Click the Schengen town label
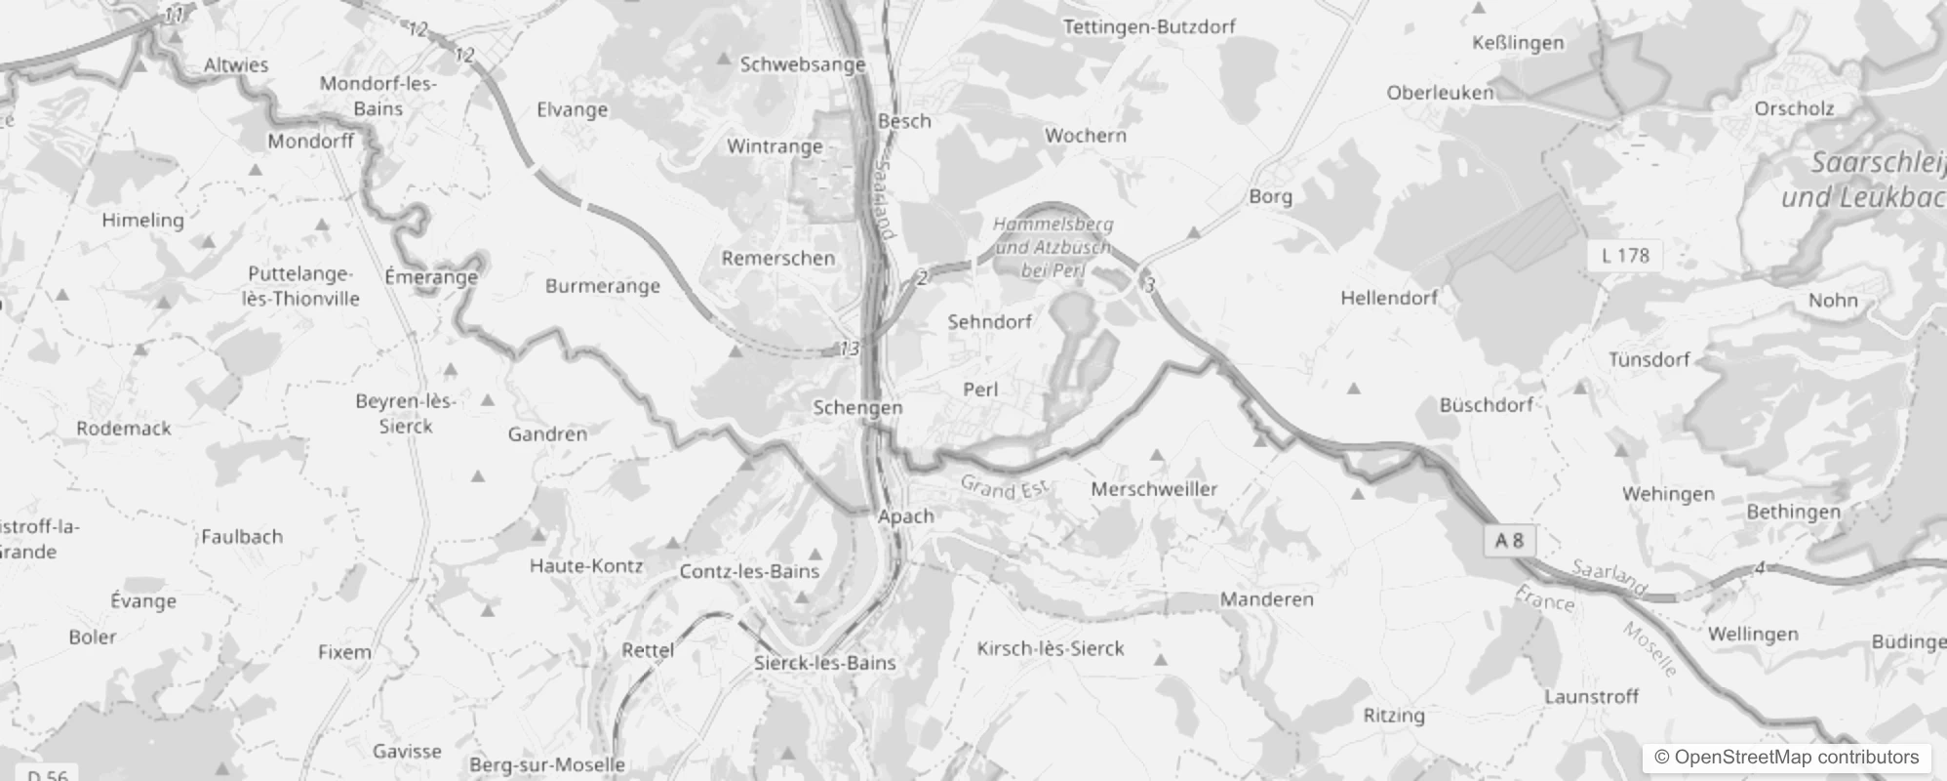[x=857, y=408]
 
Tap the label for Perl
[x=980, y=390]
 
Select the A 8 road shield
[x=1509, y=541]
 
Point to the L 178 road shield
[x=1625, y=256]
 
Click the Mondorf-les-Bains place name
[x=377, y=96]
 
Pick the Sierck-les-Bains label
[x=824, y=663]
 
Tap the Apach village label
[x=905, y=516]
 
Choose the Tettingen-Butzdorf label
[x=1149, y=27]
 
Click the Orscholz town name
[x=1794, y=108]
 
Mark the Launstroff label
[x=1591, y=697]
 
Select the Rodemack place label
[x=124, y=429]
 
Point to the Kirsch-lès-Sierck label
[x=1051, y=648]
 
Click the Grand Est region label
[x=1003, y=487]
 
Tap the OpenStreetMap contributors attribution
[x=1786, y=758]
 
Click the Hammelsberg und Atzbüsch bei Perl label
[x=1053, y=247]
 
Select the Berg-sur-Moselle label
[x=547, y=764]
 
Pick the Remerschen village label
[x=778, y=259]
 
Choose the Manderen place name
[x=1266, y=599]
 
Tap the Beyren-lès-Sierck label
[x=406, y=414]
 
